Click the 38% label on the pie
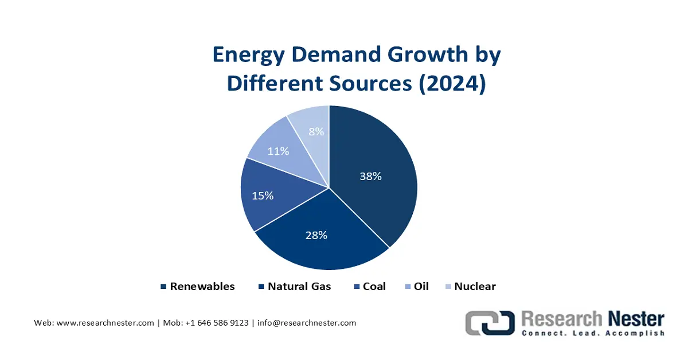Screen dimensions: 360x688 coord(370,177)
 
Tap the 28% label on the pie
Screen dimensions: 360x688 coord(316,235)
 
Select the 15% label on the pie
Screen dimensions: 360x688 coord(263,195)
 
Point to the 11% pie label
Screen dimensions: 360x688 coord(278,151)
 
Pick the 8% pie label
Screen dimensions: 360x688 coord(316,131)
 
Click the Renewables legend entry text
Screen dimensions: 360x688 coord(202,286)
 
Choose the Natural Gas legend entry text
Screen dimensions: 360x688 coord(299,286)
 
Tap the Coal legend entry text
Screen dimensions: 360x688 coord(374,286)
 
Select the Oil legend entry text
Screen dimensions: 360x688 coord(421,286)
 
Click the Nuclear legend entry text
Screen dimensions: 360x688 coord(475,286)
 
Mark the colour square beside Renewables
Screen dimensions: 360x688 coord(163,287)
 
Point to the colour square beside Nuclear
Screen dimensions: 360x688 coord(448,287)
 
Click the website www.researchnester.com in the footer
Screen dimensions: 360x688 coord(105,323)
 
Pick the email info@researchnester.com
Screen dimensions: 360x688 coord(307,323)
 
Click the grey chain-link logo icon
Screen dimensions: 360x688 coord(489,323)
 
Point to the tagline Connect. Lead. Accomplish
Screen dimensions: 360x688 coord(593,333)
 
